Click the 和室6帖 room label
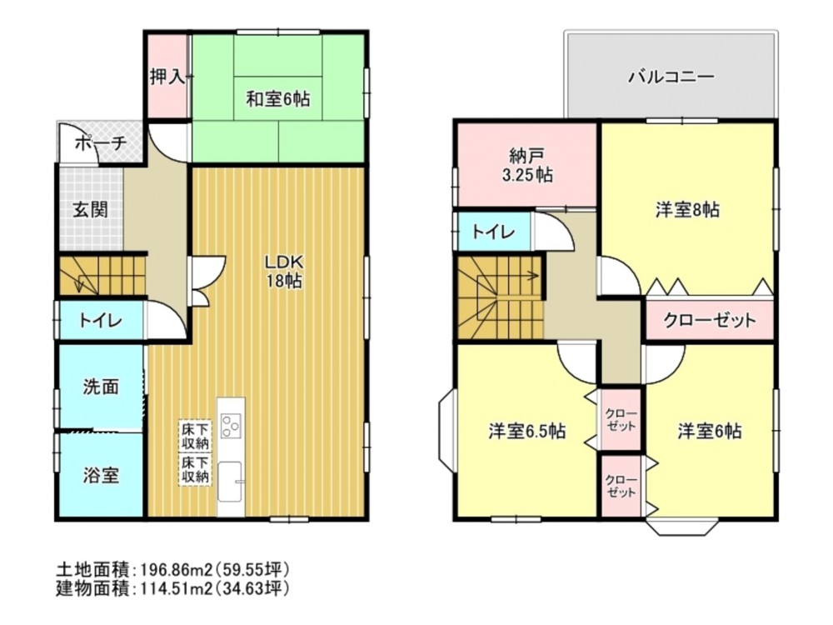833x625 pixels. (x=278, y=99)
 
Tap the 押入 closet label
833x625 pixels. (x=167, y=77)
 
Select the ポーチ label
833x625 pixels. (x=101, y=142)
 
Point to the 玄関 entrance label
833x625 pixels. (x=90, y=209)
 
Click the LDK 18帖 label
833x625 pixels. (x=284, y=271)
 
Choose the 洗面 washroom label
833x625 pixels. (x=101, y=387)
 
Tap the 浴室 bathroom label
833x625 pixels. (x=101, y=475)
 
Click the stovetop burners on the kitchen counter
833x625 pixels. (x=231, y=426)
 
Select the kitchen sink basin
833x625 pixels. (x=231, y=482)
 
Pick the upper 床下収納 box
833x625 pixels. (x=195, y=436)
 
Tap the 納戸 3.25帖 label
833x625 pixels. (x=527, y=165)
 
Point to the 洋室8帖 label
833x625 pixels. (x=687, y=210)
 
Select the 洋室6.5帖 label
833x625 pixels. (x=527, y=431)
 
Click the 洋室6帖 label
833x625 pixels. (x=710, y=431)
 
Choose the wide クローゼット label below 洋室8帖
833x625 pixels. (x=710, y=320)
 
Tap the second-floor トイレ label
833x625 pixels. (x=493, y=232)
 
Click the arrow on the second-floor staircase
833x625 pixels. (x=508, y=276)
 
